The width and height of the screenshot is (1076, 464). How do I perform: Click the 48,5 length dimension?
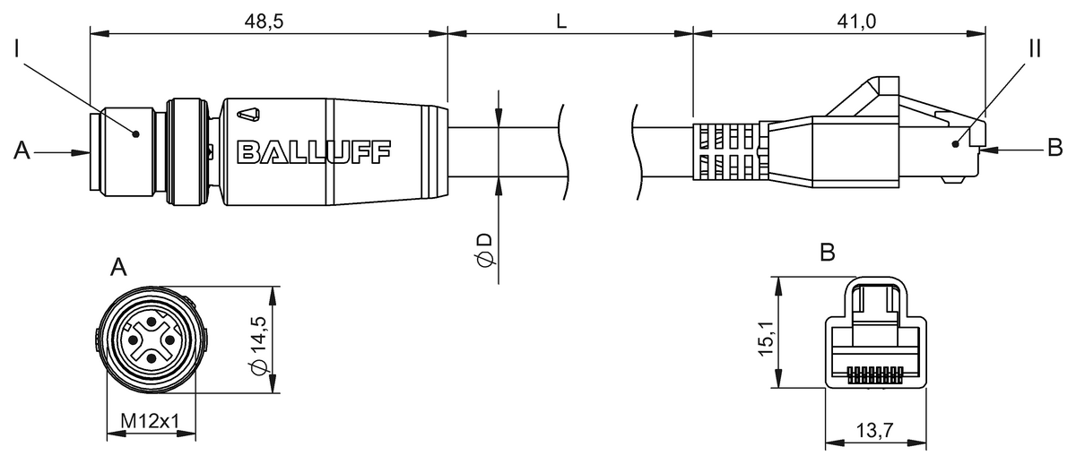264,21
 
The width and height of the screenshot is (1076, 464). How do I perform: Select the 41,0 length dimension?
856,21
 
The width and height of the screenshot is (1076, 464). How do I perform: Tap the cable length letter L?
561,21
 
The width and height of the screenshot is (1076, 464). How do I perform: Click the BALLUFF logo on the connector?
314,152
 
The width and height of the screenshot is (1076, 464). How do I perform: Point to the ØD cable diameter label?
486,250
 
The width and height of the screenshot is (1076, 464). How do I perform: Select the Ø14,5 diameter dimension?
258,346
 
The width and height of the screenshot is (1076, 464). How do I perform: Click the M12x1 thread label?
150,421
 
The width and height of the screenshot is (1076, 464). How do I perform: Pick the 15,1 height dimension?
766,339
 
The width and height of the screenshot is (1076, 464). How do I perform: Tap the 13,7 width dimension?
875,431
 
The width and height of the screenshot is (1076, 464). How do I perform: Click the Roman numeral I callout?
18,49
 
